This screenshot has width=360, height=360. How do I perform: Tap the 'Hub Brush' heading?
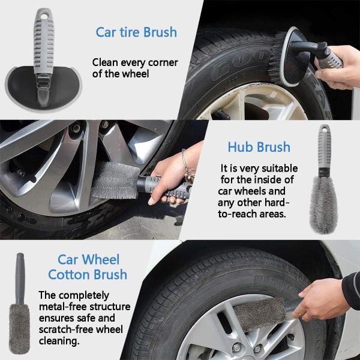(259, 146)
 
